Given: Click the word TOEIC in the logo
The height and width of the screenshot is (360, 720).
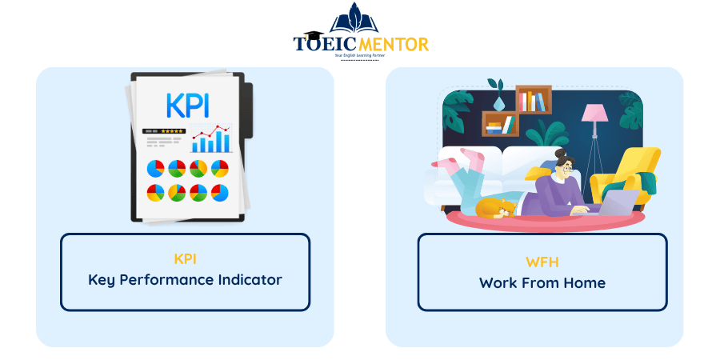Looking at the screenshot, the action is (x=325, y=44).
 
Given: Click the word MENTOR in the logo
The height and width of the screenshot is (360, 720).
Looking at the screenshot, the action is (x=393, y=44).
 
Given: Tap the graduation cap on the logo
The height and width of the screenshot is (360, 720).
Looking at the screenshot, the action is (x=313, y=36).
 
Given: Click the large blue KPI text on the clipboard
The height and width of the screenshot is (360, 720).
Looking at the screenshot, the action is (x=188, y=106).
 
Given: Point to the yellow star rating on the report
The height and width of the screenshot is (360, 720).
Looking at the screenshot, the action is (x=173, y=131).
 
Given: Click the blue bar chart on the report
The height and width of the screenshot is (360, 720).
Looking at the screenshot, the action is (x=210, y=142).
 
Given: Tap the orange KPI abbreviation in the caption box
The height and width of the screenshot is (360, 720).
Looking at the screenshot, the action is (x=185, y=259).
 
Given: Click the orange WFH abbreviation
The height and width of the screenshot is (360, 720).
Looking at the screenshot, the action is (x=542, y=262).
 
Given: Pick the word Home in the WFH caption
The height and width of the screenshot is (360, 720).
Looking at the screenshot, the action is (x=585, y=282).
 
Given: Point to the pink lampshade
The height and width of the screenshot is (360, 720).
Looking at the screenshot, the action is (x=594, y=113).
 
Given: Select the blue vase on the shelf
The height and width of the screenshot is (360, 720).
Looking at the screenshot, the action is (x=498, y=104).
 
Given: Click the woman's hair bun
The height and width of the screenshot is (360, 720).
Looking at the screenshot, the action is (x=560, y=153).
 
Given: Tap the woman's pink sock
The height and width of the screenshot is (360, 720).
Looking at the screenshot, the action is (x=472, y=157).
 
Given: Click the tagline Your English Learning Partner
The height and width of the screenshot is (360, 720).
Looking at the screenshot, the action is (x=359, y=55).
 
